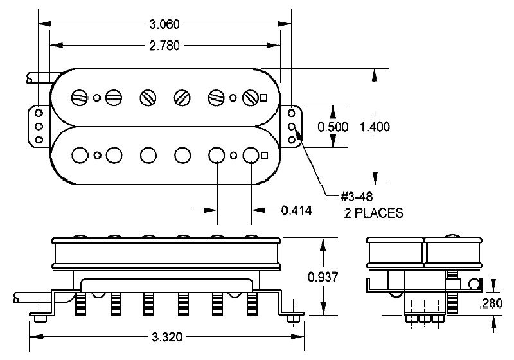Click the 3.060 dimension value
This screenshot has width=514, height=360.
pyautogui.click(x=164, y=24)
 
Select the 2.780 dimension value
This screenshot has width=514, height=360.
pyautogui.click(x=164, y=46)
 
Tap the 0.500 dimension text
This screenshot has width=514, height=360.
pyautogui.click(x=333, y=126)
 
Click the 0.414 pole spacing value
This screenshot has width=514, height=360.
pyautogui.click(x=296, y=210)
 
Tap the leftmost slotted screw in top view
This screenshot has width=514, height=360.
pyautogui.click(x=80, y=98)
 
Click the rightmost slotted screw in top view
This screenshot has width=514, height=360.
pyautogui.click(x=251, y=98)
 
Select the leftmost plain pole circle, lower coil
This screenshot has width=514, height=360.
pyautogui.click(x=80, y=156)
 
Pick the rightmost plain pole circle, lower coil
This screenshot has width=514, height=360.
pyautogui.click(x=251, y=156)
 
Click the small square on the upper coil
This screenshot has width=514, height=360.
pyautogui.click(x=264, y=98)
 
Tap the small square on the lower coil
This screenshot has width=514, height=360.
pyautogui.click(x=264, y=156)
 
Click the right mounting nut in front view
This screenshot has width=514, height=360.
pyautogui.click(x=295, y=318)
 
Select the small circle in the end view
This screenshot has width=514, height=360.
pyautogui.click(x=474, y=283)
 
